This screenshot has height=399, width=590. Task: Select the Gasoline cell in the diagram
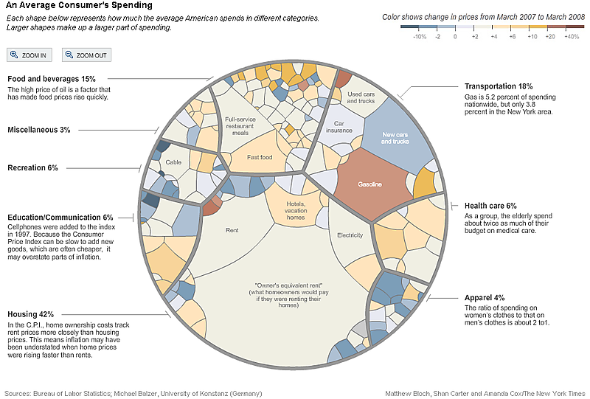point(369,184)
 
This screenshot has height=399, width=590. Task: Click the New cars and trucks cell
point(395,138)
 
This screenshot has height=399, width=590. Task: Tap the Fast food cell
point(259,156)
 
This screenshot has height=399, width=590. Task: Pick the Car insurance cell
point(339,128)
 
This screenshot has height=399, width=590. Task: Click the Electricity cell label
point(350,235)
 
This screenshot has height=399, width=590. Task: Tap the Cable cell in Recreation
point(173,162)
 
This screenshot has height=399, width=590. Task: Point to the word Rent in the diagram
point(232,230)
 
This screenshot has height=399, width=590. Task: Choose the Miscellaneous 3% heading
point(39,130)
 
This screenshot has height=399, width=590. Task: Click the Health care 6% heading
point(490,206)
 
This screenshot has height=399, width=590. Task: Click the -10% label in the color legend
point(420,35)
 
